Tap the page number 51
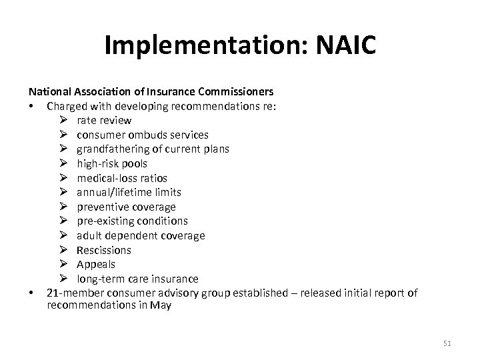447,343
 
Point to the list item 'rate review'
104,121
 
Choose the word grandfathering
111,149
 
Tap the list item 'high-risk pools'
112,163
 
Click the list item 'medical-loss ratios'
122,178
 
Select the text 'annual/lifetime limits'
129,192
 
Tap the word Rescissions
104,250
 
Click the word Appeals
96,264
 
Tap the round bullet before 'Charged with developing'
31,106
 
